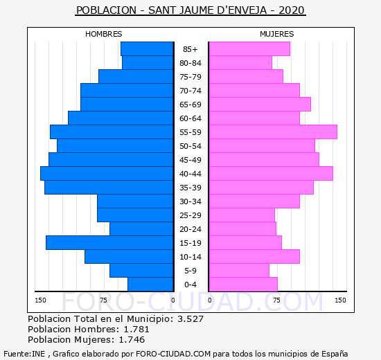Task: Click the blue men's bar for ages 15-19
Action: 109,243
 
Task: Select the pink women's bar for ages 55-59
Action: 273,132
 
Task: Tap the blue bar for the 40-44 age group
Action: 107,174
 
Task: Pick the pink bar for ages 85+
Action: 249,49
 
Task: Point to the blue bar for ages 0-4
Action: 150,285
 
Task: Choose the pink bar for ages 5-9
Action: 239,271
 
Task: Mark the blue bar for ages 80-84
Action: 148,63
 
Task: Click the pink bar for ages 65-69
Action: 260,105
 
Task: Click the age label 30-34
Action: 190,201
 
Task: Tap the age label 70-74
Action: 190,91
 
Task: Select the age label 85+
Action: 190,49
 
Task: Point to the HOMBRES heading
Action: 103,34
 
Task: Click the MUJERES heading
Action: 277,34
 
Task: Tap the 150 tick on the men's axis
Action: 40,300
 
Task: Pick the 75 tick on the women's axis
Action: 276,300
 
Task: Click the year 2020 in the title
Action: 292,10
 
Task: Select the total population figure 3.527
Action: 190,318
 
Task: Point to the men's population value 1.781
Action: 136,329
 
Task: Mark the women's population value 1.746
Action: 132,340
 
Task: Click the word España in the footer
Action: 335,354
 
